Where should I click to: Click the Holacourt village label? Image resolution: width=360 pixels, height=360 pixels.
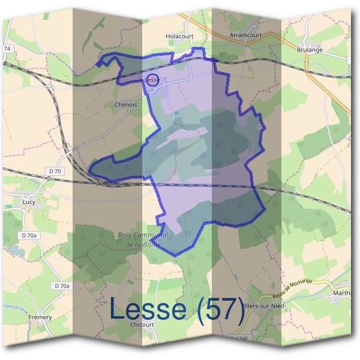coord(179,36)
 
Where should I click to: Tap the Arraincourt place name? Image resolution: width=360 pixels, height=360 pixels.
coord(245,35)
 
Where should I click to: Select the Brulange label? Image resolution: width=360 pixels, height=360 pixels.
coord(310,50)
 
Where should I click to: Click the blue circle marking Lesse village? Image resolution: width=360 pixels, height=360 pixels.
coord(152,80)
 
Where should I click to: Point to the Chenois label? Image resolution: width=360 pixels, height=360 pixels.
coord(125,104)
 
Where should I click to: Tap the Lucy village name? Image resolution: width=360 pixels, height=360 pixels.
coord(28,202)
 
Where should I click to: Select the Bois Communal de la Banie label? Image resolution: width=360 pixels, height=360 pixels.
coord(143,239)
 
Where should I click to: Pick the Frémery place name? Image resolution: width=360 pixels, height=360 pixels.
coord(40,317)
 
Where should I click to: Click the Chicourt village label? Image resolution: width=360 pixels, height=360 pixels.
coord(142,324)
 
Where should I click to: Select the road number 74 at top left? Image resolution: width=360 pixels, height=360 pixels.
coord(8,48)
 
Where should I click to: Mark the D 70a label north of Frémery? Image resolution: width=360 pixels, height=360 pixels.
coord(62,286)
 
